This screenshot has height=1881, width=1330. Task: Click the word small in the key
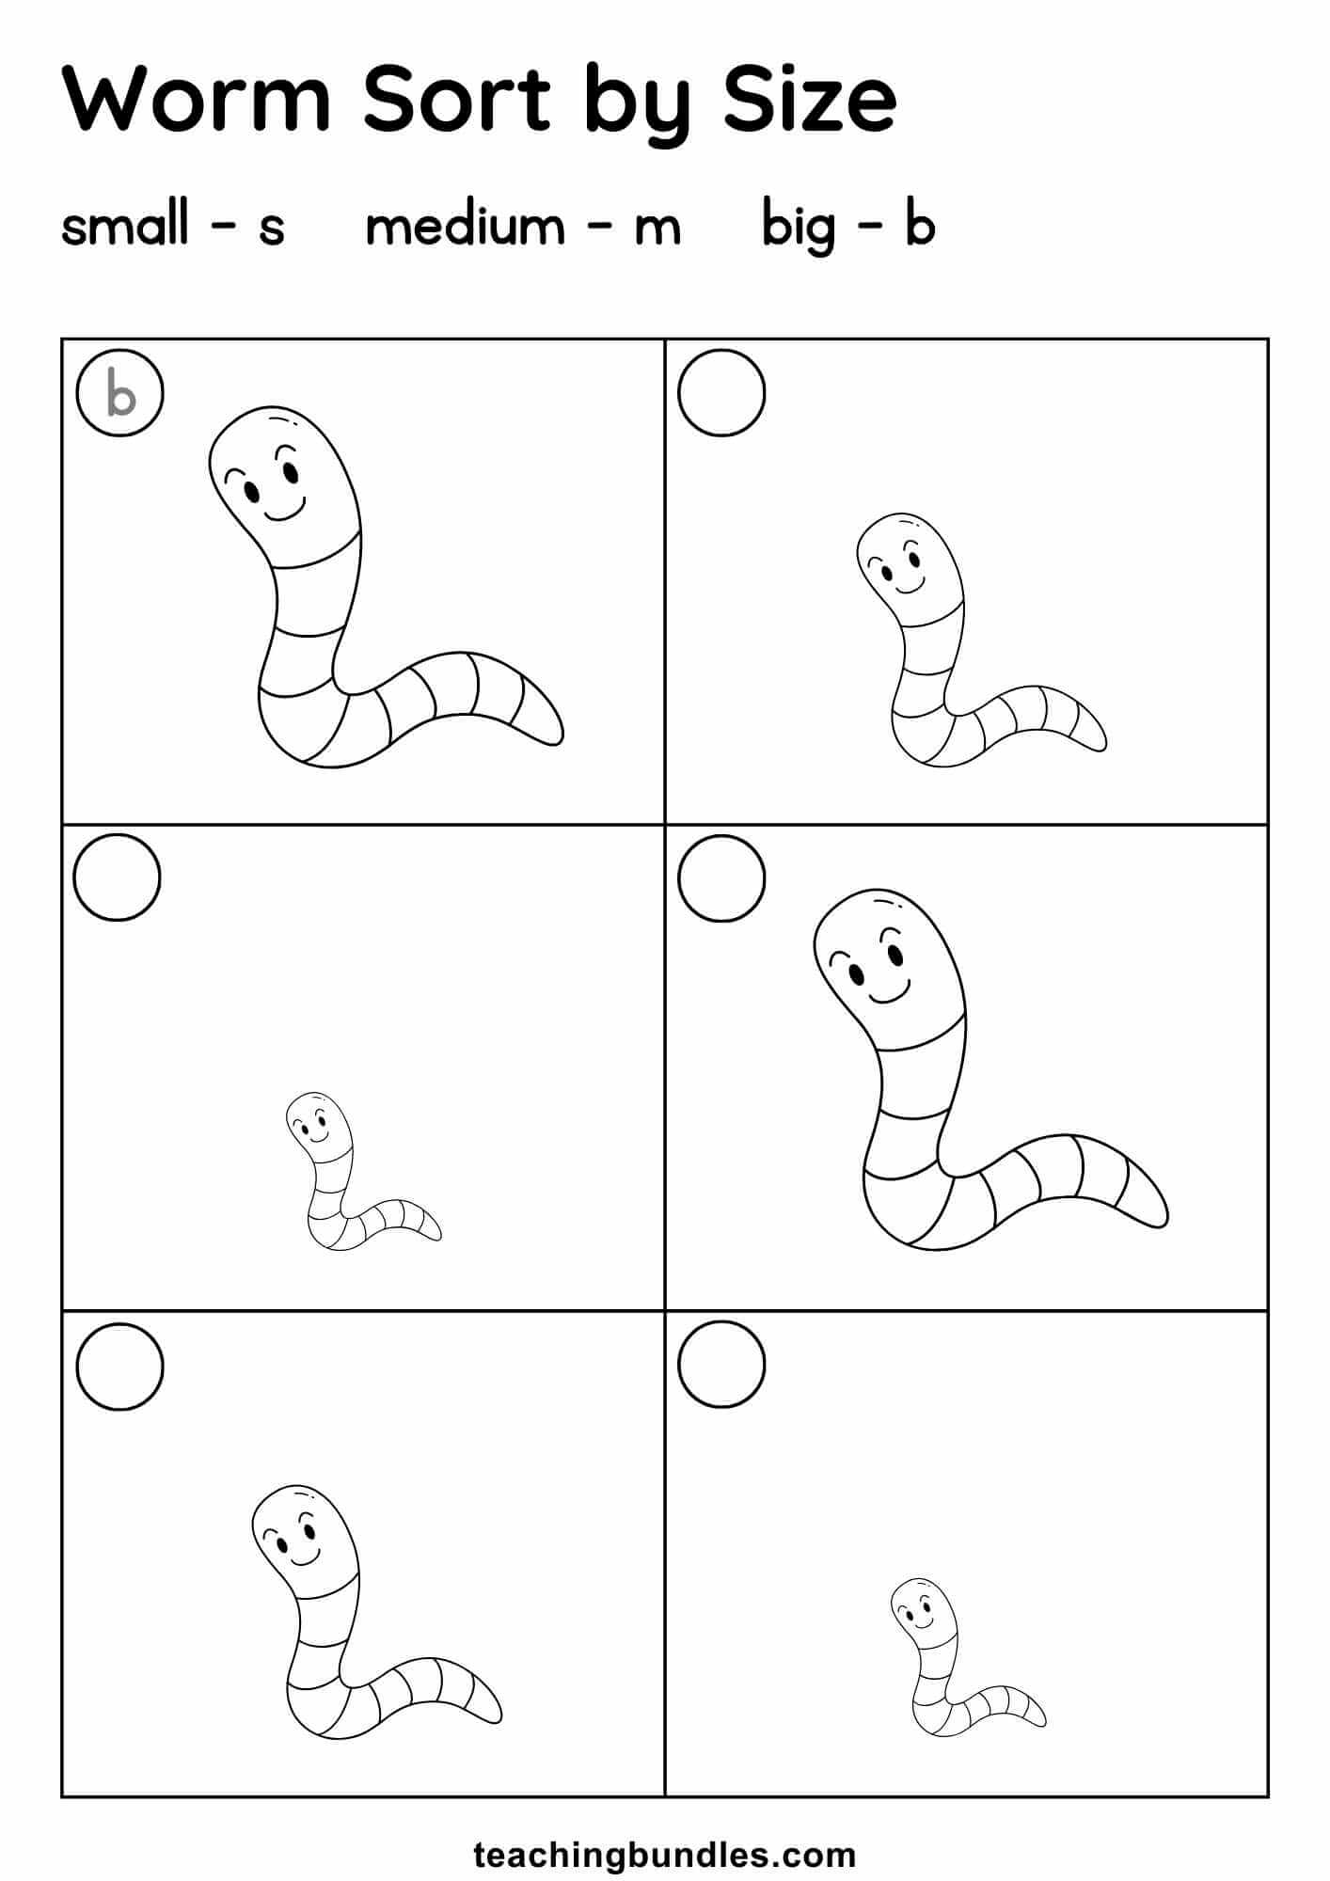coord(125,226)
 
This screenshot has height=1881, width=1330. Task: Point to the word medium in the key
coord(464,226)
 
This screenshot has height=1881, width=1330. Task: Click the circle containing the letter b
coord(120,394)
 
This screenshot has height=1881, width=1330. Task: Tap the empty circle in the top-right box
coord(721,393)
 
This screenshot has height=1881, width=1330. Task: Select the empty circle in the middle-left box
coord(118,877)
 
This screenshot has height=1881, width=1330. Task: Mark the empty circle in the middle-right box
coord(721,877)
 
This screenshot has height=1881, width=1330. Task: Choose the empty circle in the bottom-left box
coord(119,1366)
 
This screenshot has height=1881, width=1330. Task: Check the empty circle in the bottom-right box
coord(721,1364)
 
